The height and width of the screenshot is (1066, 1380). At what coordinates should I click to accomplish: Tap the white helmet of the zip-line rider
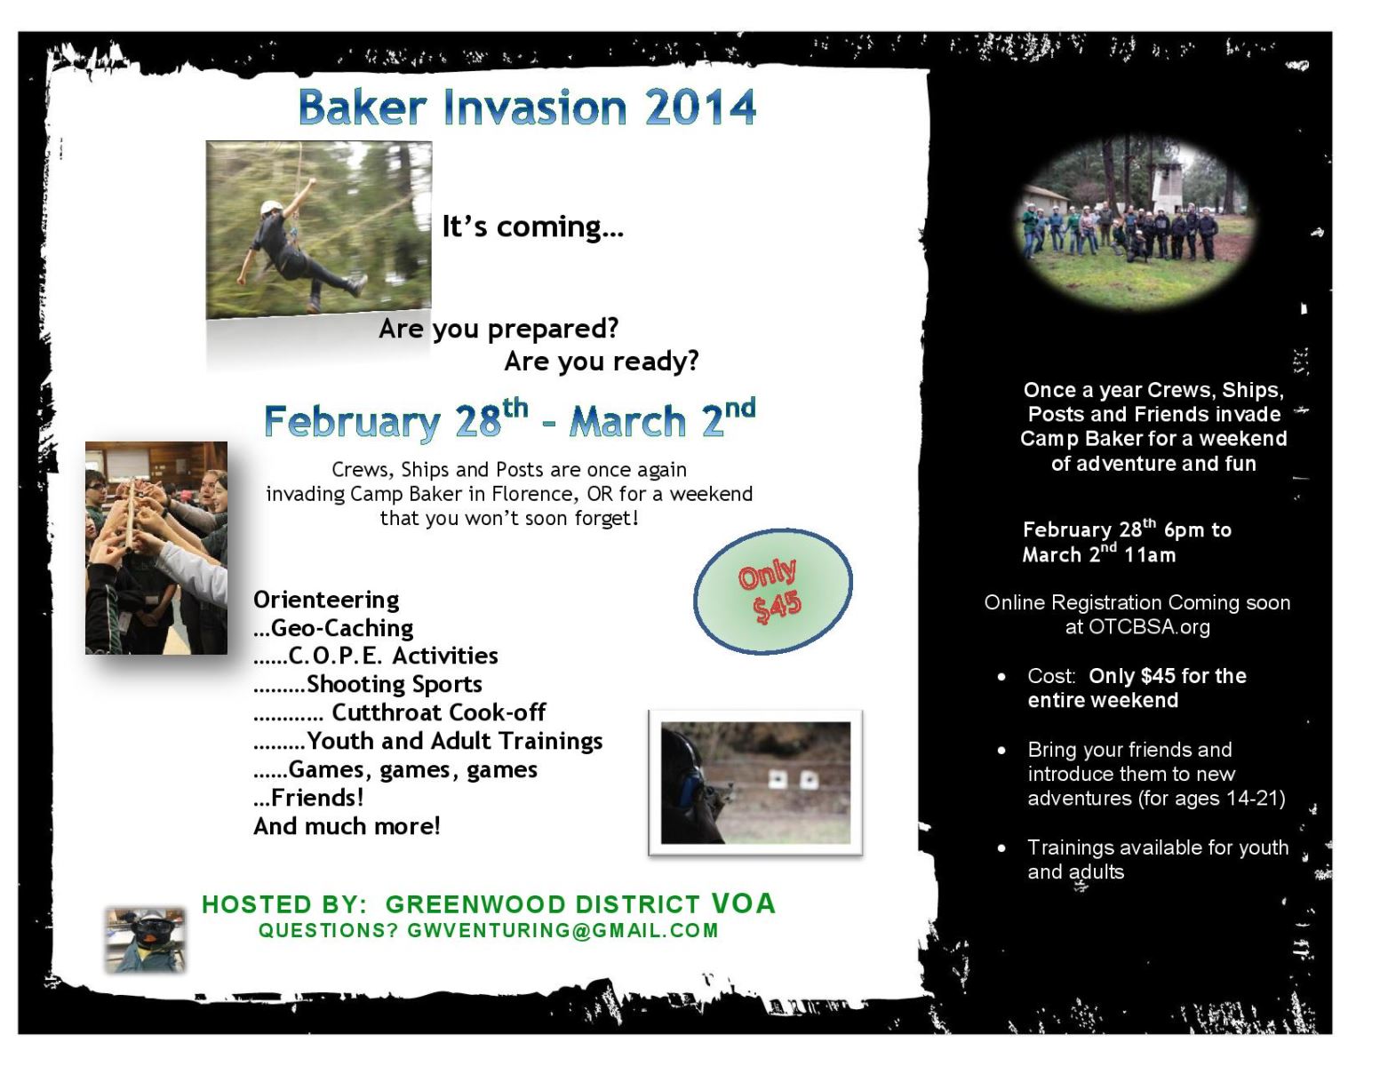[271, 207]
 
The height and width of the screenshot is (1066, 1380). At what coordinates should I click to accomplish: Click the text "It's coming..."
[533, 227]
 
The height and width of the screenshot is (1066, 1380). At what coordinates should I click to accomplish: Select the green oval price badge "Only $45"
[773, 592]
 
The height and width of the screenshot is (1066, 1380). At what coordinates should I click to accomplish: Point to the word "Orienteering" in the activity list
[326, 601]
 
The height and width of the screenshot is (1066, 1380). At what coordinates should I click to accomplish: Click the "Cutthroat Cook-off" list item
[438, 712]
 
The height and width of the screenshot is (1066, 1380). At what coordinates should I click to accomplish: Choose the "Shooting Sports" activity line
[395, 684]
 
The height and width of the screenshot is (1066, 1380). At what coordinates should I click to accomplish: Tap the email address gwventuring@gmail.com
[562, 931]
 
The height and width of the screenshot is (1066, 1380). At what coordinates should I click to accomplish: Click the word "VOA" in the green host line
[743, 903]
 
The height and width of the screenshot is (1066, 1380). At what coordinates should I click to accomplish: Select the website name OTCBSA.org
[1150, 627]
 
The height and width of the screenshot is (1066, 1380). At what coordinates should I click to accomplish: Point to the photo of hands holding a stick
[156, 547]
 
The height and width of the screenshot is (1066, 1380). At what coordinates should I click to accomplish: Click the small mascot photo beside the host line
[146, 940]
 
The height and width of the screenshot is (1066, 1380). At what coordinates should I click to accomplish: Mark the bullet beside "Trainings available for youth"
[1001, 848]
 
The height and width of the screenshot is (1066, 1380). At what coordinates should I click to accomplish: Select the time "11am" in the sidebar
[1150, 555]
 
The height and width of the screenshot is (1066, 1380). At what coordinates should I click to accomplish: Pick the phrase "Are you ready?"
[602, 362]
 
